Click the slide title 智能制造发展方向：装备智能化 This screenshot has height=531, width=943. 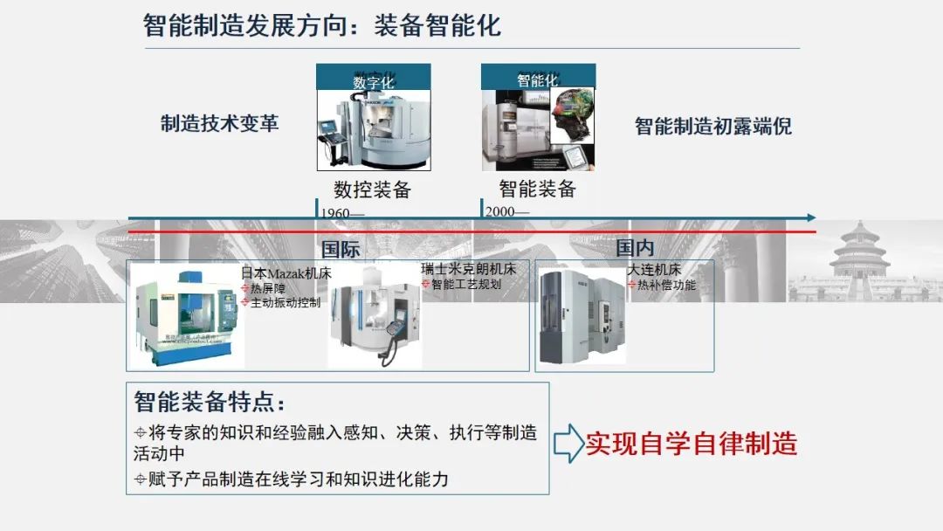click(322, 24)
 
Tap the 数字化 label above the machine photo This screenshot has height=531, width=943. click(373, 81)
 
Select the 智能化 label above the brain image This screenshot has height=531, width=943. click(537, 79)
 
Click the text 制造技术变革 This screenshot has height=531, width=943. click(219, 123)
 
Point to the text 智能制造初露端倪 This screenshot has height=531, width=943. click(712, 126)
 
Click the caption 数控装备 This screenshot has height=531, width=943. click(372, 190)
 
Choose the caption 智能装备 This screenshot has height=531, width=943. click(537, 188)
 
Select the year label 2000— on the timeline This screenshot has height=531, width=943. click(507, 212)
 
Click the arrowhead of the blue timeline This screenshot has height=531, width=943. click(811, 217)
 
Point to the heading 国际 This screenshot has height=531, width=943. click(341, 249)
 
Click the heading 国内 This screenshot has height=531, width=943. click(635, 248)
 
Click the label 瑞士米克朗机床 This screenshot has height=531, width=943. click(468, 269)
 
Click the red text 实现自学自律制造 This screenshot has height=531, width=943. click(691, 444)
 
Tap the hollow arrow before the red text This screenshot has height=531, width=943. click(568, 444)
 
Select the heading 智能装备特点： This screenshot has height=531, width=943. click(210, 403)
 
